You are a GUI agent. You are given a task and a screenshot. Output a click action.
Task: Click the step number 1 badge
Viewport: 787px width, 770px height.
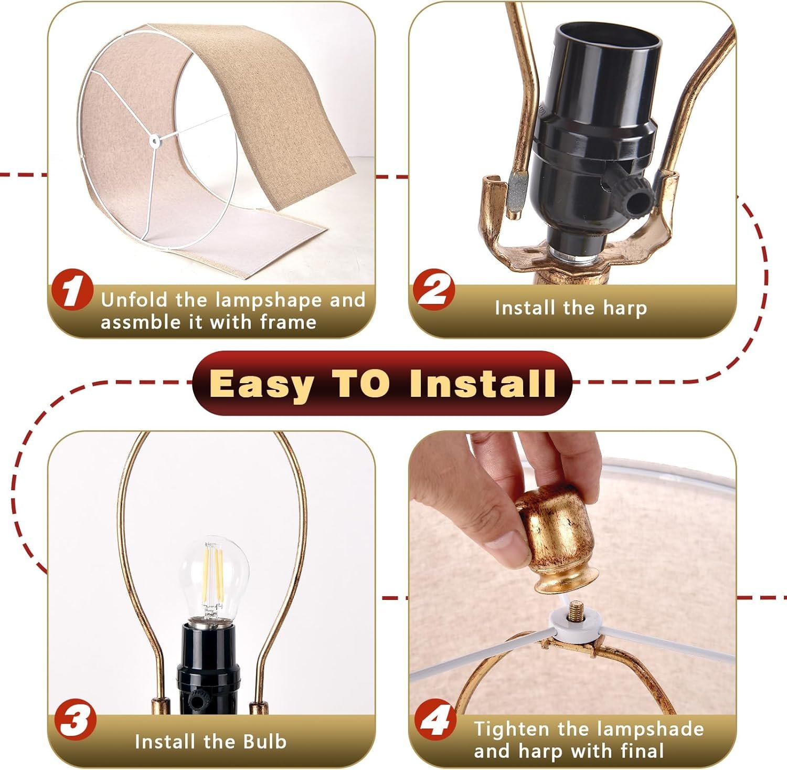(x=72, y=290)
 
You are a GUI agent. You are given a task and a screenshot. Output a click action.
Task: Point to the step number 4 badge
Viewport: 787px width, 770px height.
(x=435, y=722)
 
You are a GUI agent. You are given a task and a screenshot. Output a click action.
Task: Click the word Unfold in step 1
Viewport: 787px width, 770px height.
(x=135, y=300)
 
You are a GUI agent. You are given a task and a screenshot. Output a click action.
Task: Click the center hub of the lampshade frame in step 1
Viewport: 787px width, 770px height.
(x=155, y=140)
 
